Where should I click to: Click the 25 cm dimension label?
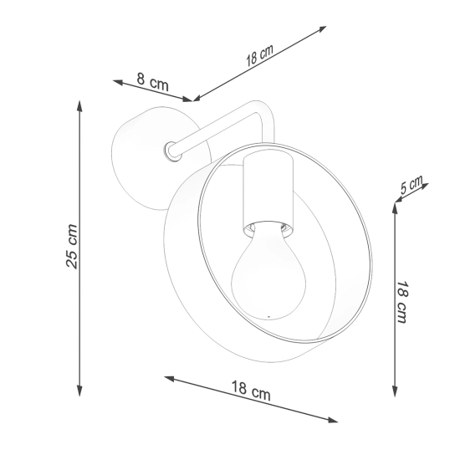pyautogui.click(x=72, y=247)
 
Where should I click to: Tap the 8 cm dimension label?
pyautogui.click(x=153, y=82)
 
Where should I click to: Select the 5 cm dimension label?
pyautogui.click(x=411, y=185)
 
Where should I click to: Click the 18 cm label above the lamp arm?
pyautogui.click(x=259, y=55)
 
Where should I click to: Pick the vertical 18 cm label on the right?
pyautogui.click(x=401, y=302)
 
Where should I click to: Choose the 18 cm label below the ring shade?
pyautogui.click(x=251, y=391)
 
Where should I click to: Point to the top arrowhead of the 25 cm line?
pyautogui.click(x=79, y=105)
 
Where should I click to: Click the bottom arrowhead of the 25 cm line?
pyautogui.click(x=79, y=391)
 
